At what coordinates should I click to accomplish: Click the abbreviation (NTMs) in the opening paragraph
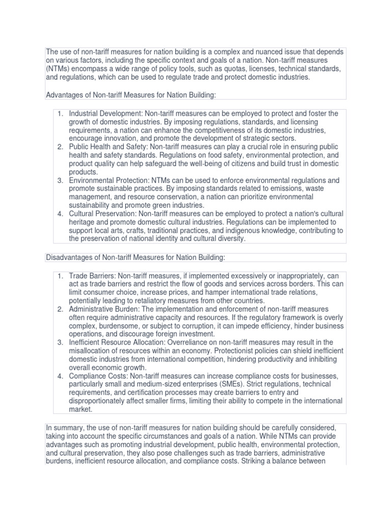(59, 68)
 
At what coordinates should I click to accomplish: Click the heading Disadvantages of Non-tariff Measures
(135, 258)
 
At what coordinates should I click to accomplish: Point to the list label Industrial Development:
(106, 114)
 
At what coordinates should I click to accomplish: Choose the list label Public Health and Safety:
(107, 146)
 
